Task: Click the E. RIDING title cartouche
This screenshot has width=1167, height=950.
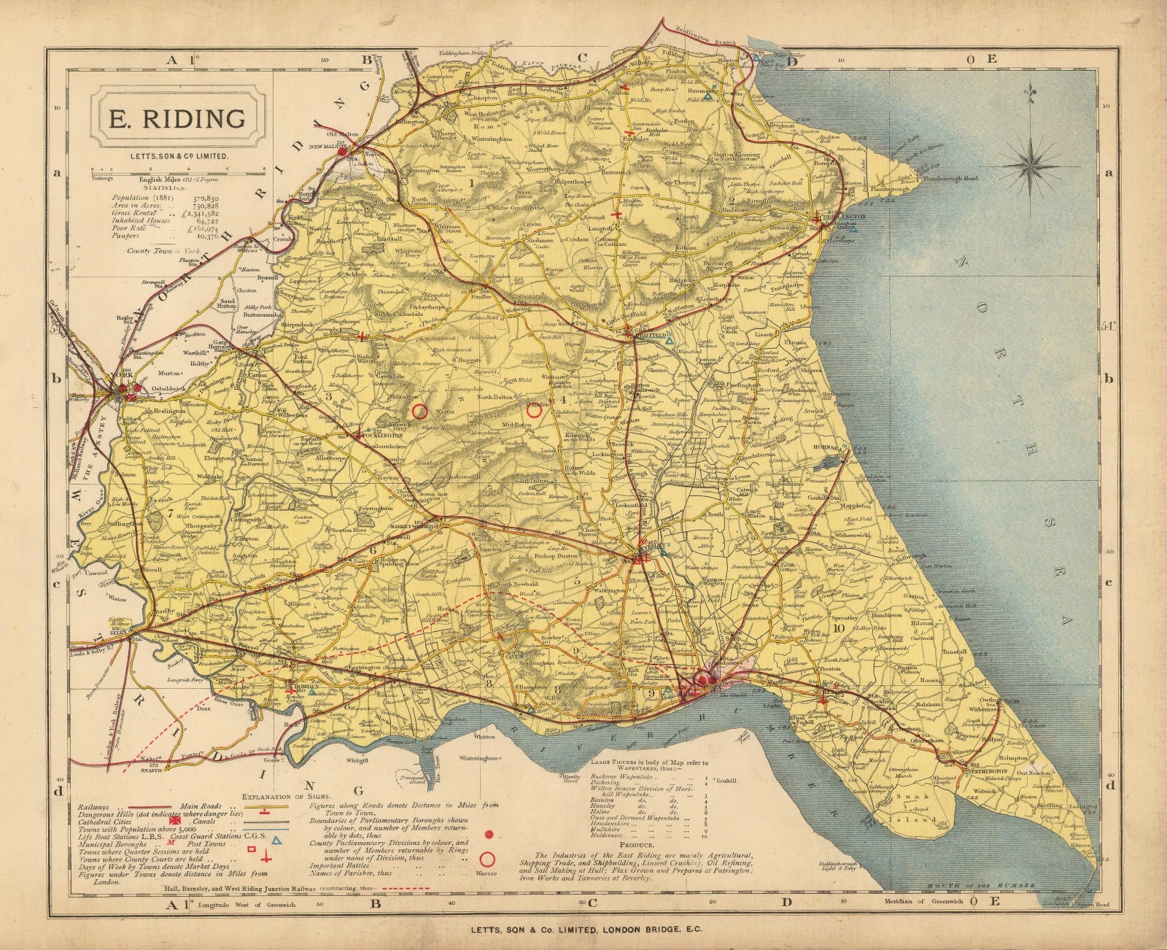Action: [x=177, y=118]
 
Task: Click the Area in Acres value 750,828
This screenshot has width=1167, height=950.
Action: [x=202, y=206]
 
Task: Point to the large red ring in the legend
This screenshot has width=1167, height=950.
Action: [x=487, y=858]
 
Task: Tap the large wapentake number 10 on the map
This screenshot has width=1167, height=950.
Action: [x=838, y=627]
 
